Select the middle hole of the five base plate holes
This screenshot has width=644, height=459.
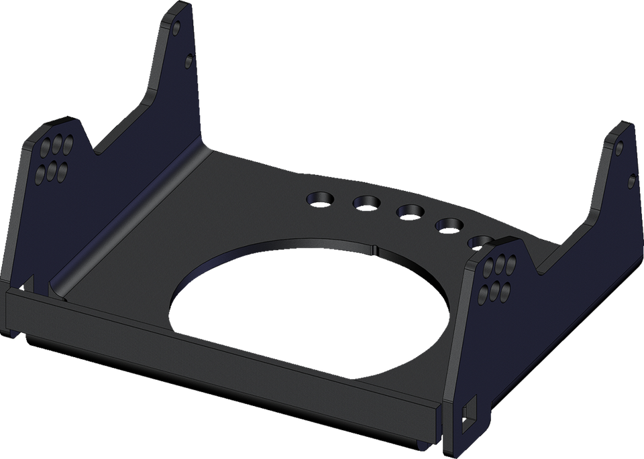coord(409,212)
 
